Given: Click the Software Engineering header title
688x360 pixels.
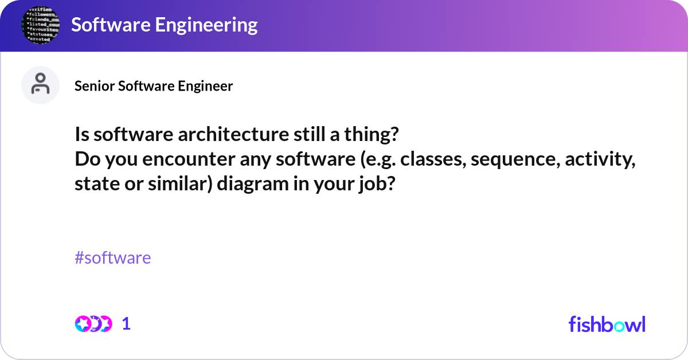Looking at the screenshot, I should pyautogui.click(x=164, y=25).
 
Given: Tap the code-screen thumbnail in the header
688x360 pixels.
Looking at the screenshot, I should pyautogui.click(x=40, y=26).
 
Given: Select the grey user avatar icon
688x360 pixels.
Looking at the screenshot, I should pyautogui.click(x=40, y=85).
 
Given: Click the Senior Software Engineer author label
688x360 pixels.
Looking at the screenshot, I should pyautogui.click(x=154, y=86).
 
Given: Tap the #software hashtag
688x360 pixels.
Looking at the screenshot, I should pyautogui.click(x=113, y=257).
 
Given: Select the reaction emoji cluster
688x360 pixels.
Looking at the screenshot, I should pyautogui.click(x=93, y=324).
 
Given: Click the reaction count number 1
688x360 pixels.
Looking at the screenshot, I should pyautogui.click(x=127, y=324).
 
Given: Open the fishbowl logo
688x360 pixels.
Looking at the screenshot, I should pyautogui.click(x=607, y=324).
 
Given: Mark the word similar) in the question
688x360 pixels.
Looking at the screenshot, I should pyautogui.click(x=181, y=185).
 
